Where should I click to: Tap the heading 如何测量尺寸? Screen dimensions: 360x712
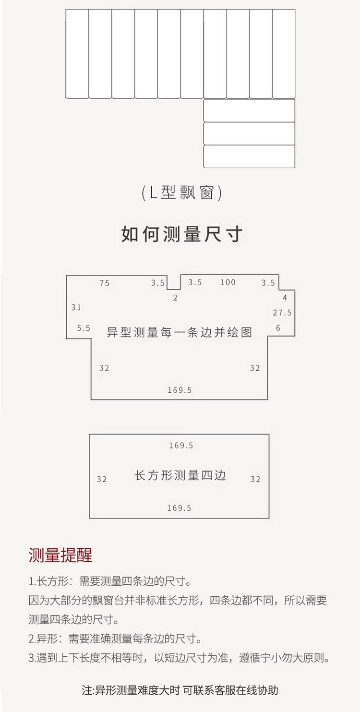[182, 234]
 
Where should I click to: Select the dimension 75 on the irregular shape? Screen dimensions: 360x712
[105, 283]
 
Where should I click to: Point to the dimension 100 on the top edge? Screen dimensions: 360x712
[228, 282]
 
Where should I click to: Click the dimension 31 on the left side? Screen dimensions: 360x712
[76, 307]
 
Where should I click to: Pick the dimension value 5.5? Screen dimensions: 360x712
[84, 328]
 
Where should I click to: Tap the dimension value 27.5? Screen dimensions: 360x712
[282, 313]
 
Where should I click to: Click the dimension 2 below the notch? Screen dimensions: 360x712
[175, 298]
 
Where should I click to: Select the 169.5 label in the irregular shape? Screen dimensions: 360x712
[180, 390]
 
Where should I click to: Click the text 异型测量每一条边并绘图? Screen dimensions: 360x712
[180, 332]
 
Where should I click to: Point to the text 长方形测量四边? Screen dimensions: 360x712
[180, 475]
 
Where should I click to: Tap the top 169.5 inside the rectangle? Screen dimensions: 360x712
[181, 446]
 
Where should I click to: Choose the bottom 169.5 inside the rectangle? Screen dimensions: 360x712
[179, 508]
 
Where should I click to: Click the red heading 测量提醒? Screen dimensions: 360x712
[60, 555]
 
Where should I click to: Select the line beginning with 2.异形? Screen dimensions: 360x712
[114, 639]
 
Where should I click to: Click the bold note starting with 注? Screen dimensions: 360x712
[180, 690]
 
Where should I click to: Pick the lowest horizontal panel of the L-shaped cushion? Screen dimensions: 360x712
[249, 157]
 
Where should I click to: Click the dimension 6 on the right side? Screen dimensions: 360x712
[278, 328]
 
